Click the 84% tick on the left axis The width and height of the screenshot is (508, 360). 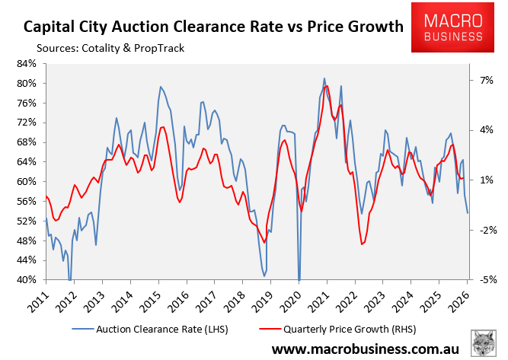click(x=32, y=63)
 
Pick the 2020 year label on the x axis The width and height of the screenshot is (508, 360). click(x=289, y=298)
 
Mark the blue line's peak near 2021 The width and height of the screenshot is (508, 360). click(x=324, y=78)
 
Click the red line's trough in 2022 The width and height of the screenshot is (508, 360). click(x=363, y=244)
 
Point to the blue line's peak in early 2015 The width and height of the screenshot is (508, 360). click(x=161, y=87)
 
